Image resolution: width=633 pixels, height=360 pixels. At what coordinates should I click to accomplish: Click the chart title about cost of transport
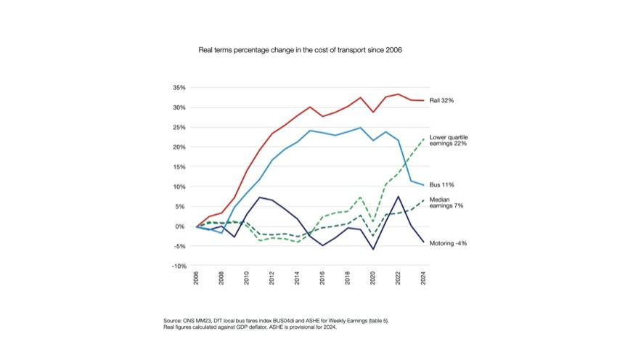point(300,50)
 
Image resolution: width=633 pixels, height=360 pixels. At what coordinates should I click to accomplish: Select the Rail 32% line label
point(441,100)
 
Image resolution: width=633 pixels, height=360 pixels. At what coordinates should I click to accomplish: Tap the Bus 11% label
point(441,185)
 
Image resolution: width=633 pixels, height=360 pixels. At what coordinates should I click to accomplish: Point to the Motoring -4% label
point(448,243)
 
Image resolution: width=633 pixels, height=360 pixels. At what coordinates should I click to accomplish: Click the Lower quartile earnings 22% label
point(449,140)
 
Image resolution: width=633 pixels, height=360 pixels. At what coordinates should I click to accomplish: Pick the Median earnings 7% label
point(446,202)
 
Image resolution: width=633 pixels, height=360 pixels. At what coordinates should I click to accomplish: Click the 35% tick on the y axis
point(179,88)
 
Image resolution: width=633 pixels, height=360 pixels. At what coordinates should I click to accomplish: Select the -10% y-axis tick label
point(179,266)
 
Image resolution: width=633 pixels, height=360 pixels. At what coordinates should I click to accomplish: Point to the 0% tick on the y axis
point(181,226)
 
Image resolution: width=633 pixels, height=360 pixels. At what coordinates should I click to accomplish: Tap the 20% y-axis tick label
point(179,147)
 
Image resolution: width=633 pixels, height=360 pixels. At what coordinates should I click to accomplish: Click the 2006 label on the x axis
point(196,278)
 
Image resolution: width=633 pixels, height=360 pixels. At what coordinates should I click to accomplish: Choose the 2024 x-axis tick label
point(423,278)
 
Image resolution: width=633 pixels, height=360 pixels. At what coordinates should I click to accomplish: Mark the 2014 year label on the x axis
point(297,278)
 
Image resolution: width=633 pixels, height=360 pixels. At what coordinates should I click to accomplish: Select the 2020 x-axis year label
point(373,278)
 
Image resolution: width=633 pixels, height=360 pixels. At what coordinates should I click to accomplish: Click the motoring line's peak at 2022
point(399,197)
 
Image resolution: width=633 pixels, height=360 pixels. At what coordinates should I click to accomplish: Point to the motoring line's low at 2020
point(373,249)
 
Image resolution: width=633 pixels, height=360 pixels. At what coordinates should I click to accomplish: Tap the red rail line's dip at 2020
point(373,112)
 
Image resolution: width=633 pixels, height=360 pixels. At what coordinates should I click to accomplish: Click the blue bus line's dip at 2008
point(221,233)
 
